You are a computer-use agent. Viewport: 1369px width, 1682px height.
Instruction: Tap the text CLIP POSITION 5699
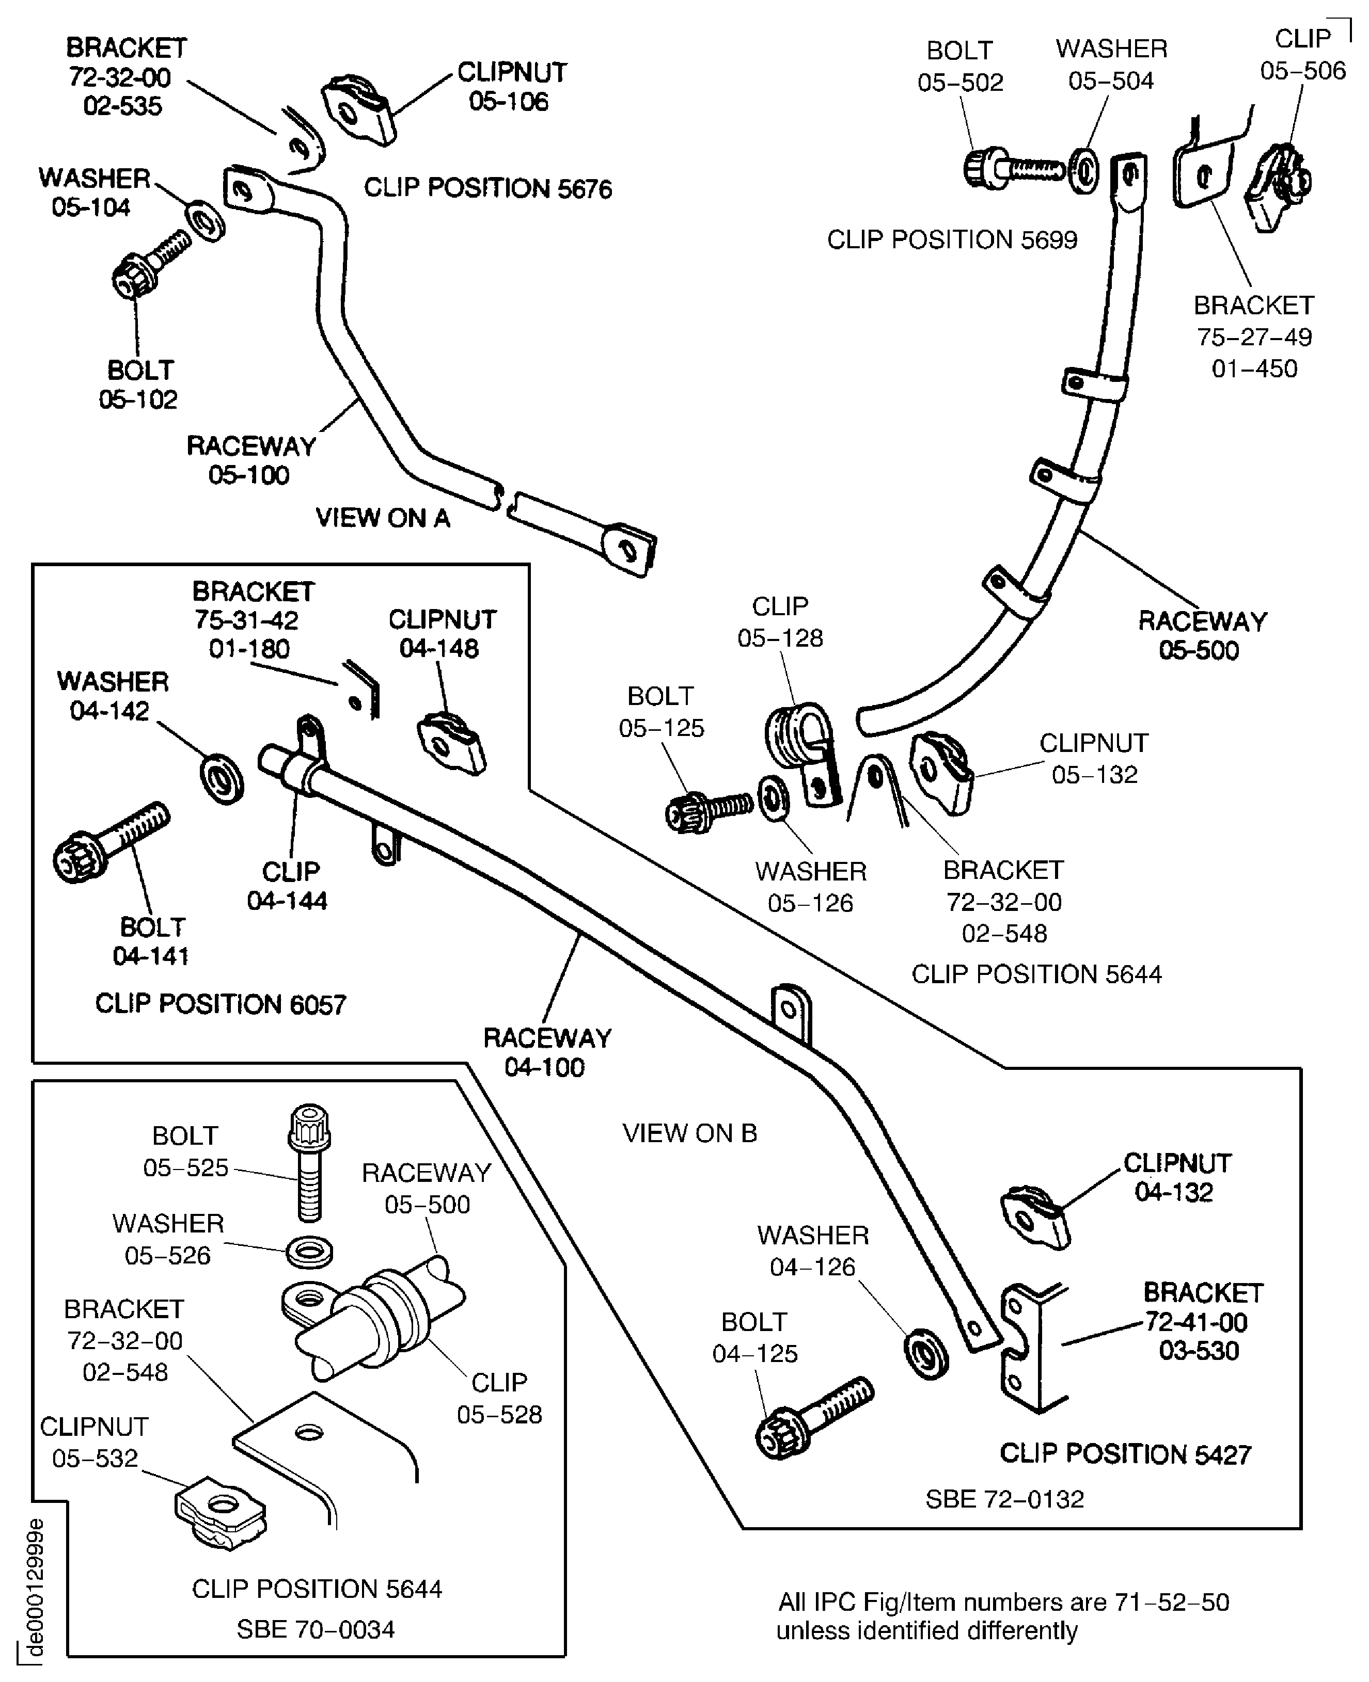click(x=951, y=239)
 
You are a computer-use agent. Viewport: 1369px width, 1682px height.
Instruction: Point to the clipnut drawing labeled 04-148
click(x=451, y=743)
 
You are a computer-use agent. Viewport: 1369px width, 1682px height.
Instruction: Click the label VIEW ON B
click(x=689, y=1133)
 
